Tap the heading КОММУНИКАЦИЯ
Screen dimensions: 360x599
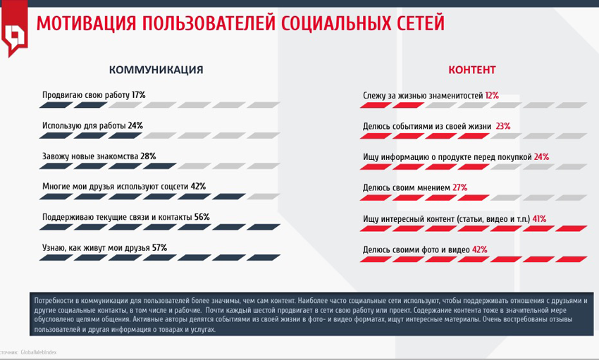pos(156,70)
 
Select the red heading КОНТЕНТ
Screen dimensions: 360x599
pos(472,70)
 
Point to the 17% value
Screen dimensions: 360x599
pos(138,94)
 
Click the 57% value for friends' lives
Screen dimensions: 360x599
pos(159,248)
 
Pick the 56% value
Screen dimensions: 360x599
pos(202,217)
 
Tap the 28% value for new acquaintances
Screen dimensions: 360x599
pos(148,156)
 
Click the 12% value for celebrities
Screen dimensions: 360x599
pos(491,94)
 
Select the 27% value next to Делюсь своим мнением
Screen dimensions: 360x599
pos(459,187)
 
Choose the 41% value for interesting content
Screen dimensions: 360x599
pos(539,218)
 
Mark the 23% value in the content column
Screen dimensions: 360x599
pos(503,126)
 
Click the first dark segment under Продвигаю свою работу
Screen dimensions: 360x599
pos(54,105)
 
